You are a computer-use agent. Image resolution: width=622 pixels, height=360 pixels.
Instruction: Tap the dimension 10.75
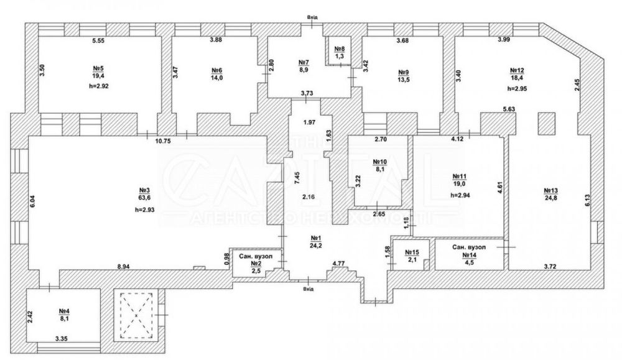point(163,141)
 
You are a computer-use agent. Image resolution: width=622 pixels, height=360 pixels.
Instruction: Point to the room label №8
point(340,48)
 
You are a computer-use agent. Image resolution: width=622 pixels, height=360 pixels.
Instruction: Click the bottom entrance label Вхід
point(307,288)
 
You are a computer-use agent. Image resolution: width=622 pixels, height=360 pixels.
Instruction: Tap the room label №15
point(412,252)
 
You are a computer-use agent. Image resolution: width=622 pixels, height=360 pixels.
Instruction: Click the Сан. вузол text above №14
point(469,247)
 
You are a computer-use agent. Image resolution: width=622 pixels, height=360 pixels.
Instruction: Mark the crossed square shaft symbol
point(136,315)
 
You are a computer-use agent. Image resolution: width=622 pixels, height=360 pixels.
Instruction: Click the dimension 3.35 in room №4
point(61,339)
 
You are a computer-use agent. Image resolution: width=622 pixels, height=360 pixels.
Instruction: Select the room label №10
point(380,160)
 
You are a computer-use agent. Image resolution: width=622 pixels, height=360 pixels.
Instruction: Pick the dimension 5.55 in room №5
point(98,41)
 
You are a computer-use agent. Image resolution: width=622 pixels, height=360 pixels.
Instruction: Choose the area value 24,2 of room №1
point(315,245)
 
